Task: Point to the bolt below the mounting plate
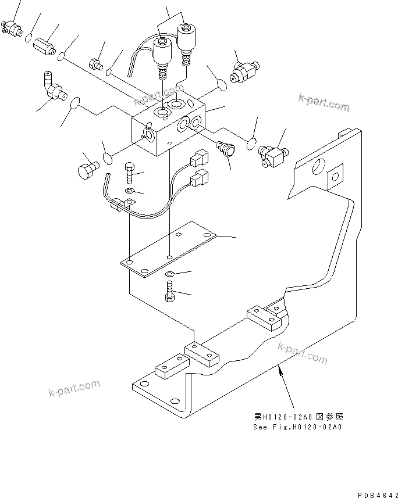pos(169,291)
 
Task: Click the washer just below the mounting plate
pos(169,274)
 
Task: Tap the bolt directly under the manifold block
pos(130,173)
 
